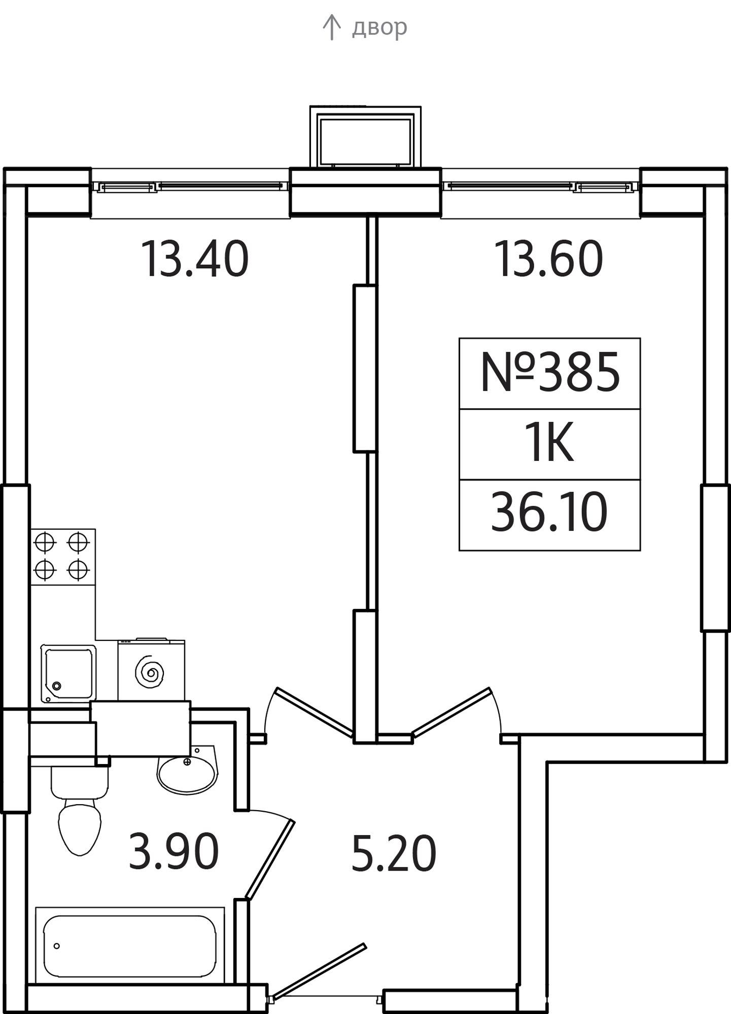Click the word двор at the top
[x=379, y=27]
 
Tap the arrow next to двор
[x=331, y=27]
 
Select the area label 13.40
[x=195, y=259]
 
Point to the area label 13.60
[x=549, y=259]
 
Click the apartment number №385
[x=550, y=373]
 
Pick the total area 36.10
[x=549, y=513]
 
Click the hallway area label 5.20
[x=394, y=854]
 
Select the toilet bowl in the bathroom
[x=80, y=810]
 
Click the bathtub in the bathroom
[x=130, y=946]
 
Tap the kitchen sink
[x=68, y=673]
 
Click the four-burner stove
[x=62, y=557]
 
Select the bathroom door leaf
[x=269, y=860]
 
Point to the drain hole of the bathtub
[x=57, y=946]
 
